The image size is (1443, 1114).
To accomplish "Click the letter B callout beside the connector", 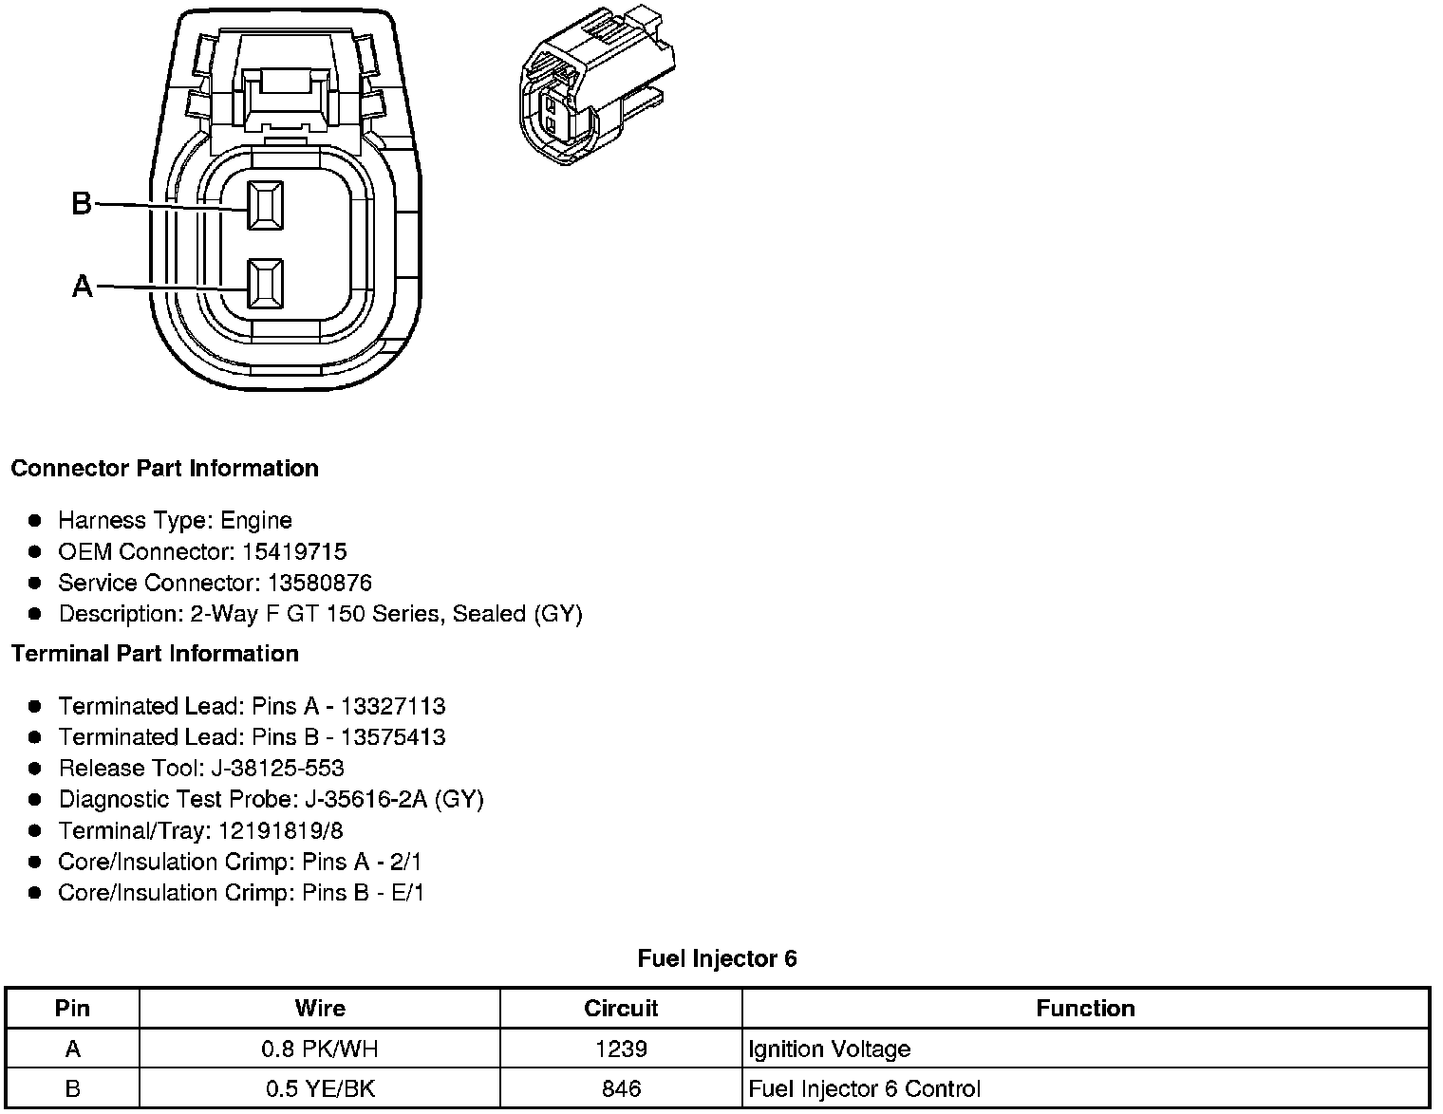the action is [x=82, y=203].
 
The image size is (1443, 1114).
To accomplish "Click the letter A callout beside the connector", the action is [x=83, y=286].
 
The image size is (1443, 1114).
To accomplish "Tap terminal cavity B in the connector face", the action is [x=265, y=204].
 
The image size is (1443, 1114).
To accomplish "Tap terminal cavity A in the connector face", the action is [x=265, y=284].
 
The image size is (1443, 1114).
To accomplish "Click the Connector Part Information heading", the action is [x=164, y=469].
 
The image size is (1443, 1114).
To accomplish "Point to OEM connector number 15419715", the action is [x=293, y=551].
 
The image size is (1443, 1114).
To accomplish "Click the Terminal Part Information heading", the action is [x=155, y=654].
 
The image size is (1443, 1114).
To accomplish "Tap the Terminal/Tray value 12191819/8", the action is [x=280, y=830].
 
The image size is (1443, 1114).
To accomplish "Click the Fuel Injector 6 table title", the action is [x=717, y=958].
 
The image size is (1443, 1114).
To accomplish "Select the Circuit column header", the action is [x=621, y=1008].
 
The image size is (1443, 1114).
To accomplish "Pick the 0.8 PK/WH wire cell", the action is [x=320, y=1049].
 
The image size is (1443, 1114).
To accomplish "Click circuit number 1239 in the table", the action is [x=621, y=1049].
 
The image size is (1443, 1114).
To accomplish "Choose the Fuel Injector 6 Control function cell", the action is [x=864, y=1088].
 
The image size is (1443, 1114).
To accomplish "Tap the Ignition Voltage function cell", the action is [x=829, y=1049].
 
